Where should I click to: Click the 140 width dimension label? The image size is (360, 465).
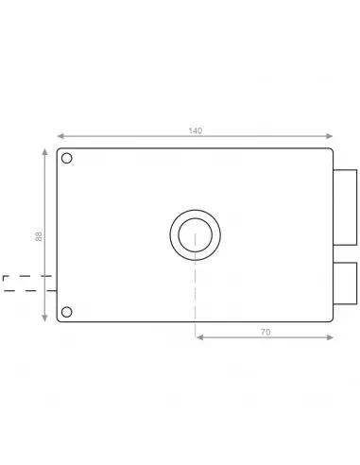pyautogui.click(x=195, y=130)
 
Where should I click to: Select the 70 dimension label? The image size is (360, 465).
pyautogui.click(x=265, y=331)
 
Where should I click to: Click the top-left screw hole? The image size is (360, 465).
pyautogui.click(x=66, y=159)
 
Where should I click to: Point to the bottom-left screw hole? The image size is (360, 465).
pyautogui.click(x=66, y=311)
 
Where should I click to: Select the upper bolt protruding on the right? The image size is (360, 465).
pyautogui.click(x=345, y=198)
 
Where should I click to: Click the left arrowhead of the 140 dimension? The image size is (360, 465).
pyautogui.click(x=60, y=136)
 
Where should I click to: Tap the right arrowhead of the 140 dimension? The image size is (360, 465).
pyautogui.click(x=331, y=136)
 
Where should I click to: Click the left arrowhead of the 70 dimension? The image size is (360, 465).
pyautogui.click(x=197, y=336)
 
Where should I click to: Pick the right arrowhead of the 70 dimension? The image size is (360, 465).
pyautogui.click(x=331, y=336)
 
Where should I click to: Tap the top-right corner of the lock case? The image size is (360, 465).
pyautogui.click(x=332, y=149)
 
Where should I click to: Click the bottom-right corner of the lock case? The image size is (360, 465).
pyautogui.click(x=332, y=321)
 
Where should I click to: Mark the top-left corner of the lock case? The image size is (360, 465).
pyautogui.click(x=59, y=149)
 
